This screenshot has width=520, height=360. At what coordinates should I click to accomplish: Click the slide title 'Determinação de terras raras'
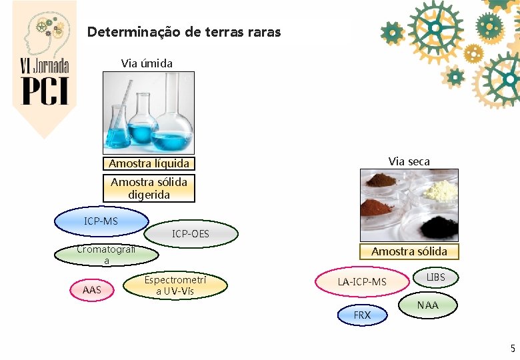click(184, 32)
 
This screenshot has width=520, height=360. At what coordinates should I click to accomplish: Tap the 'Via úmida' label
click(147, 63)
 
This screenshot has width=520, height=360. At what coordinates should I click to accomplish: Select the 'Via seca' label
click(409, 161)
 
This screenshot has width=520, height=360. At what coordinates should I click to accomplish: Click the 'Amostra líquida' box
click(149, 163)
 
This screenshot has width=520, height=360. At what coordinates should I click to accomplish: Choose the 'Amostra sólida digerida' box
click(149, 188)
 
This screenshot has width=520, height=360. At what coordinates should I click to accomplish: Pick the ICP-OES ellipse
click(191, 233)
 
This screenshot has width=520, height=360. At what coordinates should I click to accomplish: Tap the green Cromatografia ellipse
click(107, 255)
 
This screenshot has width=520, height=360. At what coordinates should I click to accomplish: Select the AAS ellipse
click(92, 290)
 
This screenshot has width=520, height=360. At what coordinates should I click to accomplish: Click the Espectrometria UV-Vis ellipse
click(175, 285)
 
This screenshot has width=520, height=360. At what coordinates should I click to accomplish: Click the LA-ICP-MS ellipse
click(361, 282)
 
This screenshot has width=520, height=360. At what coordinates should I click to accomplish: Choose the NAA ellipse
click(428, 305)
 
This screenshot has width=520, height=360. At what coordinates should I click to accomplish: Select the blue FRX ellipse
click(362, 315)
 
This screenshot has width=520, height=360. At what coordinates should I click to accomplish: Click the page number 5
click(513, 348)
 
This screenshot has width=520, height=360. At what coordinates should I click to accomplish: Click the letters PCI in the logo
click(45, 90)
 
